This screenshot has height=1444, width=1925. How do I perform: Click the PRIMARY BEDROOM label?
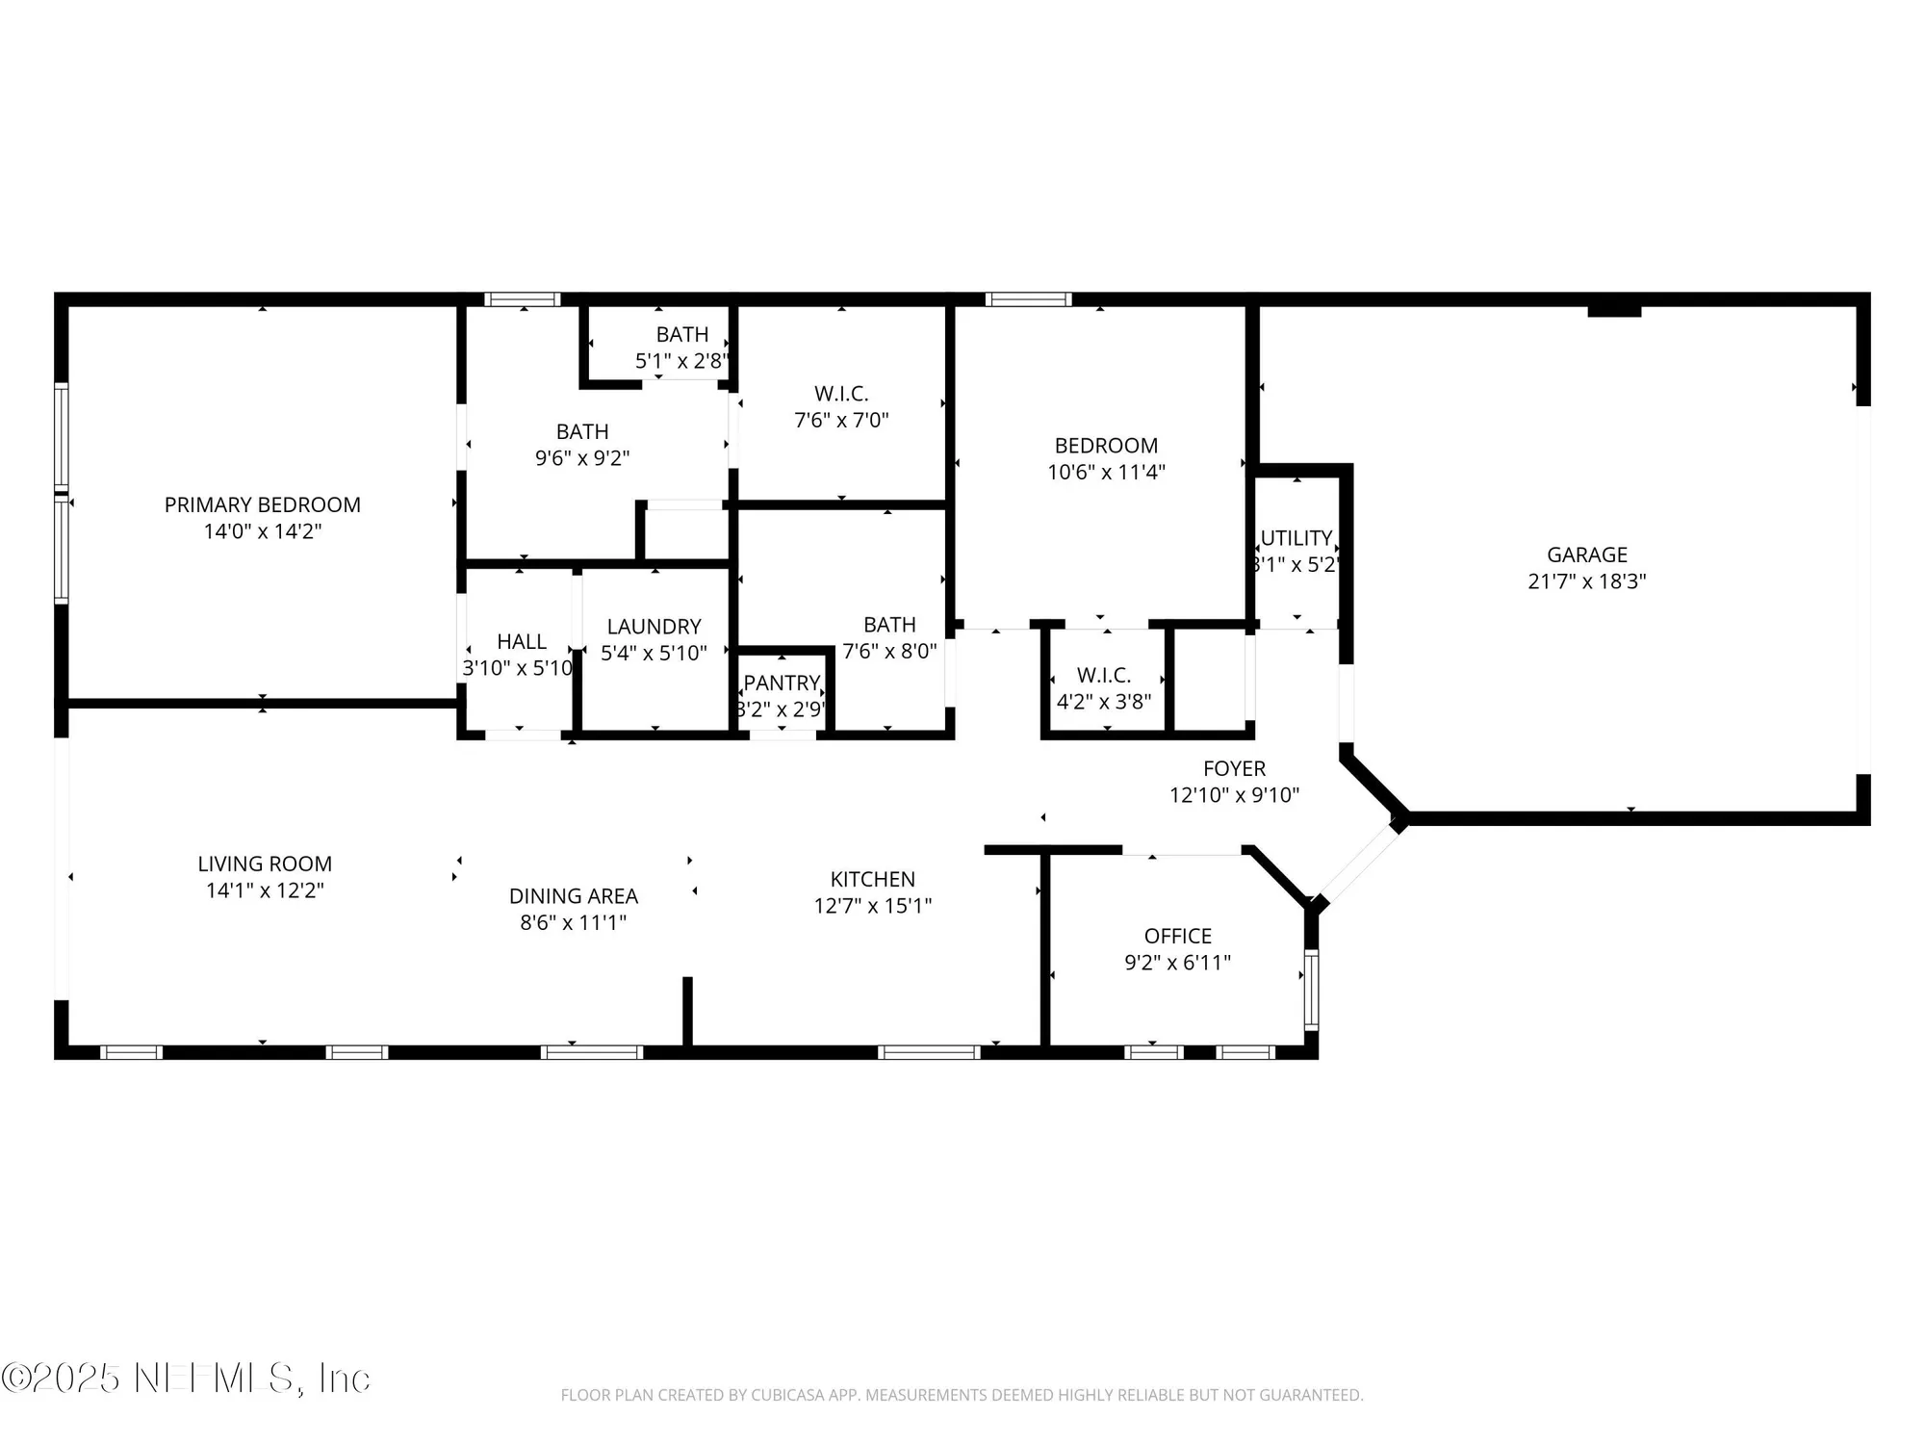coord(262,504)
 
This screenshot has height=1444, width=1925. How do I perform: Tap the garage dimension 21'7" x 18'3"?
coord(1586,581)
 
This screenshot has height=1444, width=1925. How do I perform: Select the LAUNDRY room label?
coord(654,627)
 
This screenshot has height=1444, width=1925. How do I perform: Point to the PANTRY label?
coord(781,683)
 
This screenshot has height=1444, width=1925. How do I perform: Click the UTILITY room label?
coord(1296,538)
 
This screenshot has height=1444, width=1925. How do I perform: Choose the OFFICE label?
coord(1177,936)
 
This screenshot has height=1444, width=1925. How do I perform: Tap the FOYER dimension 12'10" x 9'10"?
coord(1234,795)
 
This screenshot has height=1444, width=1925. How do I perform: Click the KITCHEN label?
coord(872,879)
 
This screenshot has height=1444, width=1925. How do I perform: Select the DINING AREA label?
coord(573,896)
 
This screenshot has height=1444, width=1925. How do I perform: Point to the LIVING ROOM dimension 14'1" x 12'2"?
coord(265,890)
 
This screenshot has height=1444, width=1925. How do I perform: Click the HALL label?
coord(521,641)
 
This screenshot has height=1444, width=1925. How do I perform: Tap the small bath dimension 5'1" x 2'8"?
coord(680,361)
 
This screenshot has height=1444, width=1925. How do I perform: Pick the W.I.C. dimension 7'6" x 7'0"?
coord(841,421)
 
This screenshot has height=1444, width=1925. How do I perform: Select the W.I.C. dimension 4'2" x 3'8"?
coord(1103,702)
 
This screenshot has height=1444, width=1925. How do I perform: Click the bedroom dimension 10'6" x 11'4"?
coord(1106,473)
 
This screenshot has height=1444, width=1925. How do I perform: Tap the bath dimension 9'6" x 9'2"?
coord(581,458)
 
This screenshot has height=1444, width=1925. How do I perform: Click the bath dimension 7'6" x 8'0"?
coord(888,652)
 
